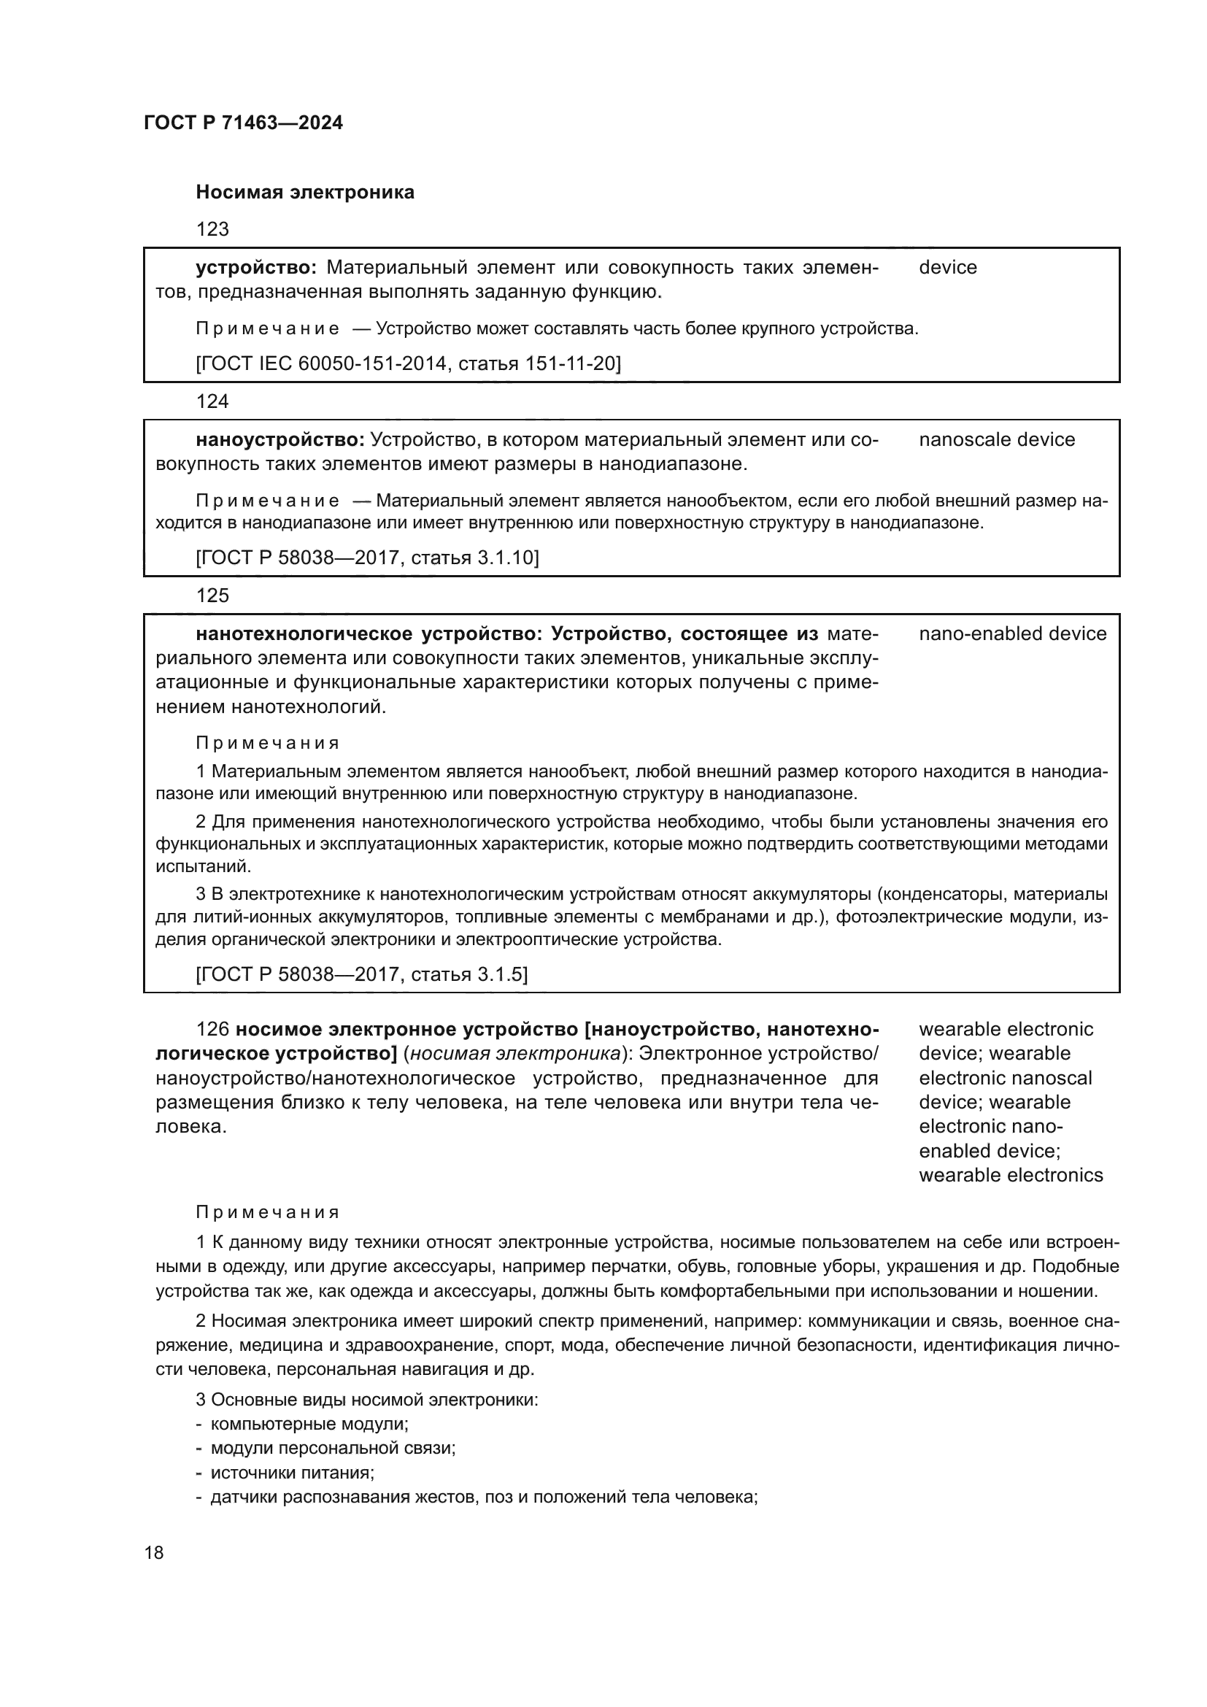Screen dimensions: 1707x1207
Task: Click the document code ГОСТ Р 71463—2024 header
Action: point(243,123)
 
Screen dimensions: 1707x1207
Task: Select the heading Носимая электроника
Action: point(305,193)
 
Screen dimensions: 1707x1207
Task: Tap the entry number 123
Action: point(212,229)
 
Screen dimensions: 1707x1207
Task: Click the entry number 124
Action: point(212,401)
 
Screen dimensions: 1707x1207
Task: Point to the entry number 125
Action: point(212,596)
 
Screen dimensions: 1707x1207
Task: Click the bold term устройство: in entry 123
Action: point(256,268)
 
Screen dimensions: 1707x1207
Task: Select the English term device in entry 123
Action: point(948,268)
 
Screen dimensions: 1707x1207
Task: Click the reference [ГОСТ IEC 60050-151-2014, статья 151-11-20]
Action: point(408,363)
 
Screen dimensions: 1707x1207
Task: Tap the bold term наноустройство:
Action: point(279,440)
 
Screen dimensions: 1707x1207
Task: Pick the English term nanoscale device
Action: point(997,440)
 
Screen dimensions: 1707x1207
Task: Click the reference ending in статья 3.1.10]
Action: point(367,558)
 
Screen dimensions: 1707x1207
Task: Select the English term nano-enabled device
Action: point(1012,634)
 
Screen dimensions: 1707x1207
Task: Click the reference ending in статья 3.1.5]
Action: point(361,975)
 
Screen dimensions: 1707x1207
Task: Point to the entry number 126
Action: point(212,1030)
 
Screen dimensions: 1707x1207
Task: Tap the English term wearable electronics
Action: point(1011,1176)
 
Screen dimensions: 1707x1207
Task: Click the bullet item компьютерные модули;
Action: point(309,1424)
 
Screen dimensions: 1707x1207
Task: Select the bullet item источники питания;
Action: point(292,1473)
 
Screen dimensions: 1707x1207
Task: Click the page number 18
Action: point(154,1553)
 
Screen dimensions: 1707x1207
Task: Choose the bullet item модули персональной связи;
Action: point(333,1448)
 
